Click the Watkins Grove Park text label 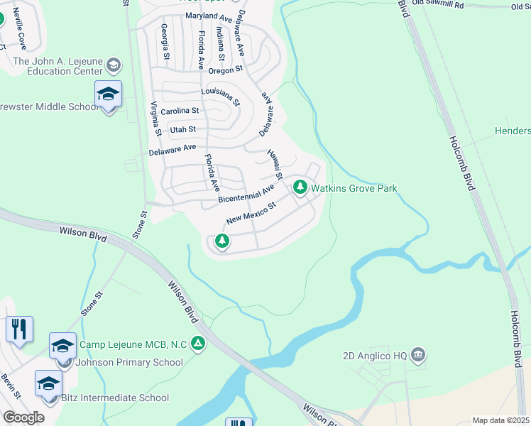point(354,188)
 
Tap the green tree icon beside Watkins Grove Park point(300,187)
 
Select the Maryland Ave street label point(208,16)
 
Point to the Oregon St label point(226,69)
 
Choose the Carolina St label point(180,111)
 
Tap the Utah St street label point(182,129)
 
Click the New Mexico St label point(250,214)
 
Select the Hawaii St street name point(275,164)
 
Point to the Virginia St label point(155,118)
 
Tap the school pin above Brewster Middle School point(108,94)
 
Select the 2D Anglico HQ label point(373,354)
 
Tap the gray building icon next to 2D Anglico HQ point(417,354)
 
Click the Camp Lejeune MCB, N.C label point(133,344)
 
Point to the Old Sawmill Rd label point(439,5)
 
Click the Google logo point(23,417)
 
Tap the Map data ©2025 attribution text point(500,420)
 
